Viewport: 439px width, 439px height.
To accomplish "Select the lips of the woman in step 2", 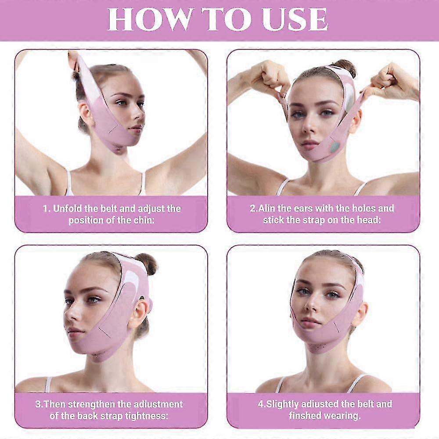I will point(310,144).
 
